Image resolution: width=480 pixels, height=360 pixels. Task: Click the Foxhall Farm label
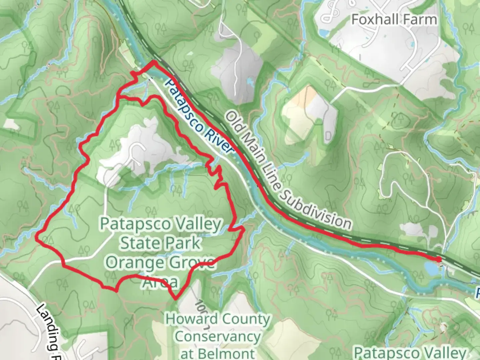point(394,19)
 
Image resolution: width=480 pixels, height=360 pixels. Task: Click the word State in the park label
point(137,243)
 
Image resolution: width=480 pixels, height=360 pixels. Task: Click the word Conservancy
point(218,336)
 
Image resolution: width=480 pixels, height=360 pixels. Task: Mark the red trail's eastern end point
point(439,259)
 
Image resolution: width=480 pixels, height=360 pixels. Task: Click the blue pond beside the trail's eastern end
point(431,268)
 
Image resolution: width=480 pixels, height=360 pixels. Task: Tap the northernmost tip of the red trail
point(154,62)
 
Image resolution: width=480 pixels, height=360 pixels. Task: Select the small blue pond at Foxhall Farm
point(323,33)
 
